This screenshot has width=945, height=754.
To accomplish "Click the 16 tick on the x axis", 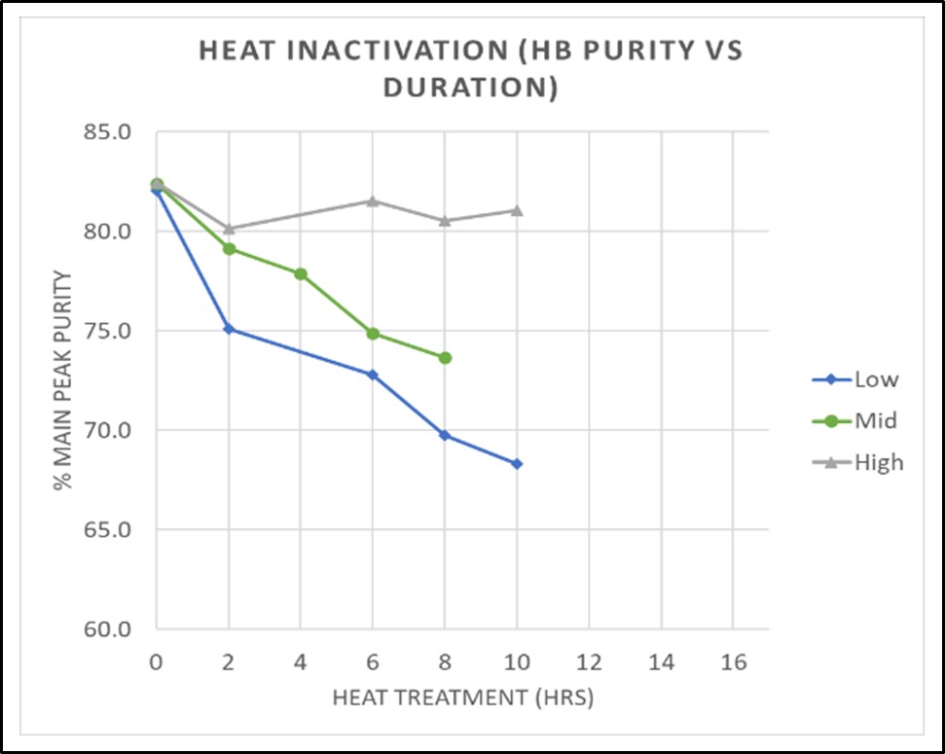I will pos(734,662).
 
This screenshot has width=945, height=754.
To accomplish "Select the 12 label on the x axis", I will pos(589,662).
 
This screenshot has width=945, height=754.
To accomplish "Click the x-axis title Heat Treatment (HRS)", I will pos(462,698).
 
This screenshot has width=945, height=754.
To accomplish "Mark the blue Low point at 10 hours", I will pos(517,464).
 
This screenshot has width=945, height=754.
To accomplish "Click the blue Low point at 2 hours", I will pos(228,329).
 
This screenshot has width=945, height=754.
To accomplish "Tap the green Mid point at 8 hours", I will pos(445,358).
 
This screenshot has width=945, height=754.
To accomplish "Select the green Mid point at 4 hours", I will pos(301,273).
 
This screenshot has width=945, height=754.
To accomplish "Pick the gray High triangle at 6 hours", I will pos(373,201).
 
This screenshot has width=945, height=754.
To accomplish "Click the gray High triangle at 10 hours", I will pos(517,211).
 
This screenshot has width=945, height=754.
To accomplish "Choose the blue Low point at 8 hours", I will pos(445,435).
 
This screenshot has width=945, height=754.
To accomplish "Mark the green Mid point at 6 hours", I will pos(373,334).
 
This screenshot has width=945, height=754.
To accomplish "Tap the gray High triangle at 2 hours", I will pos(228,229).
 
